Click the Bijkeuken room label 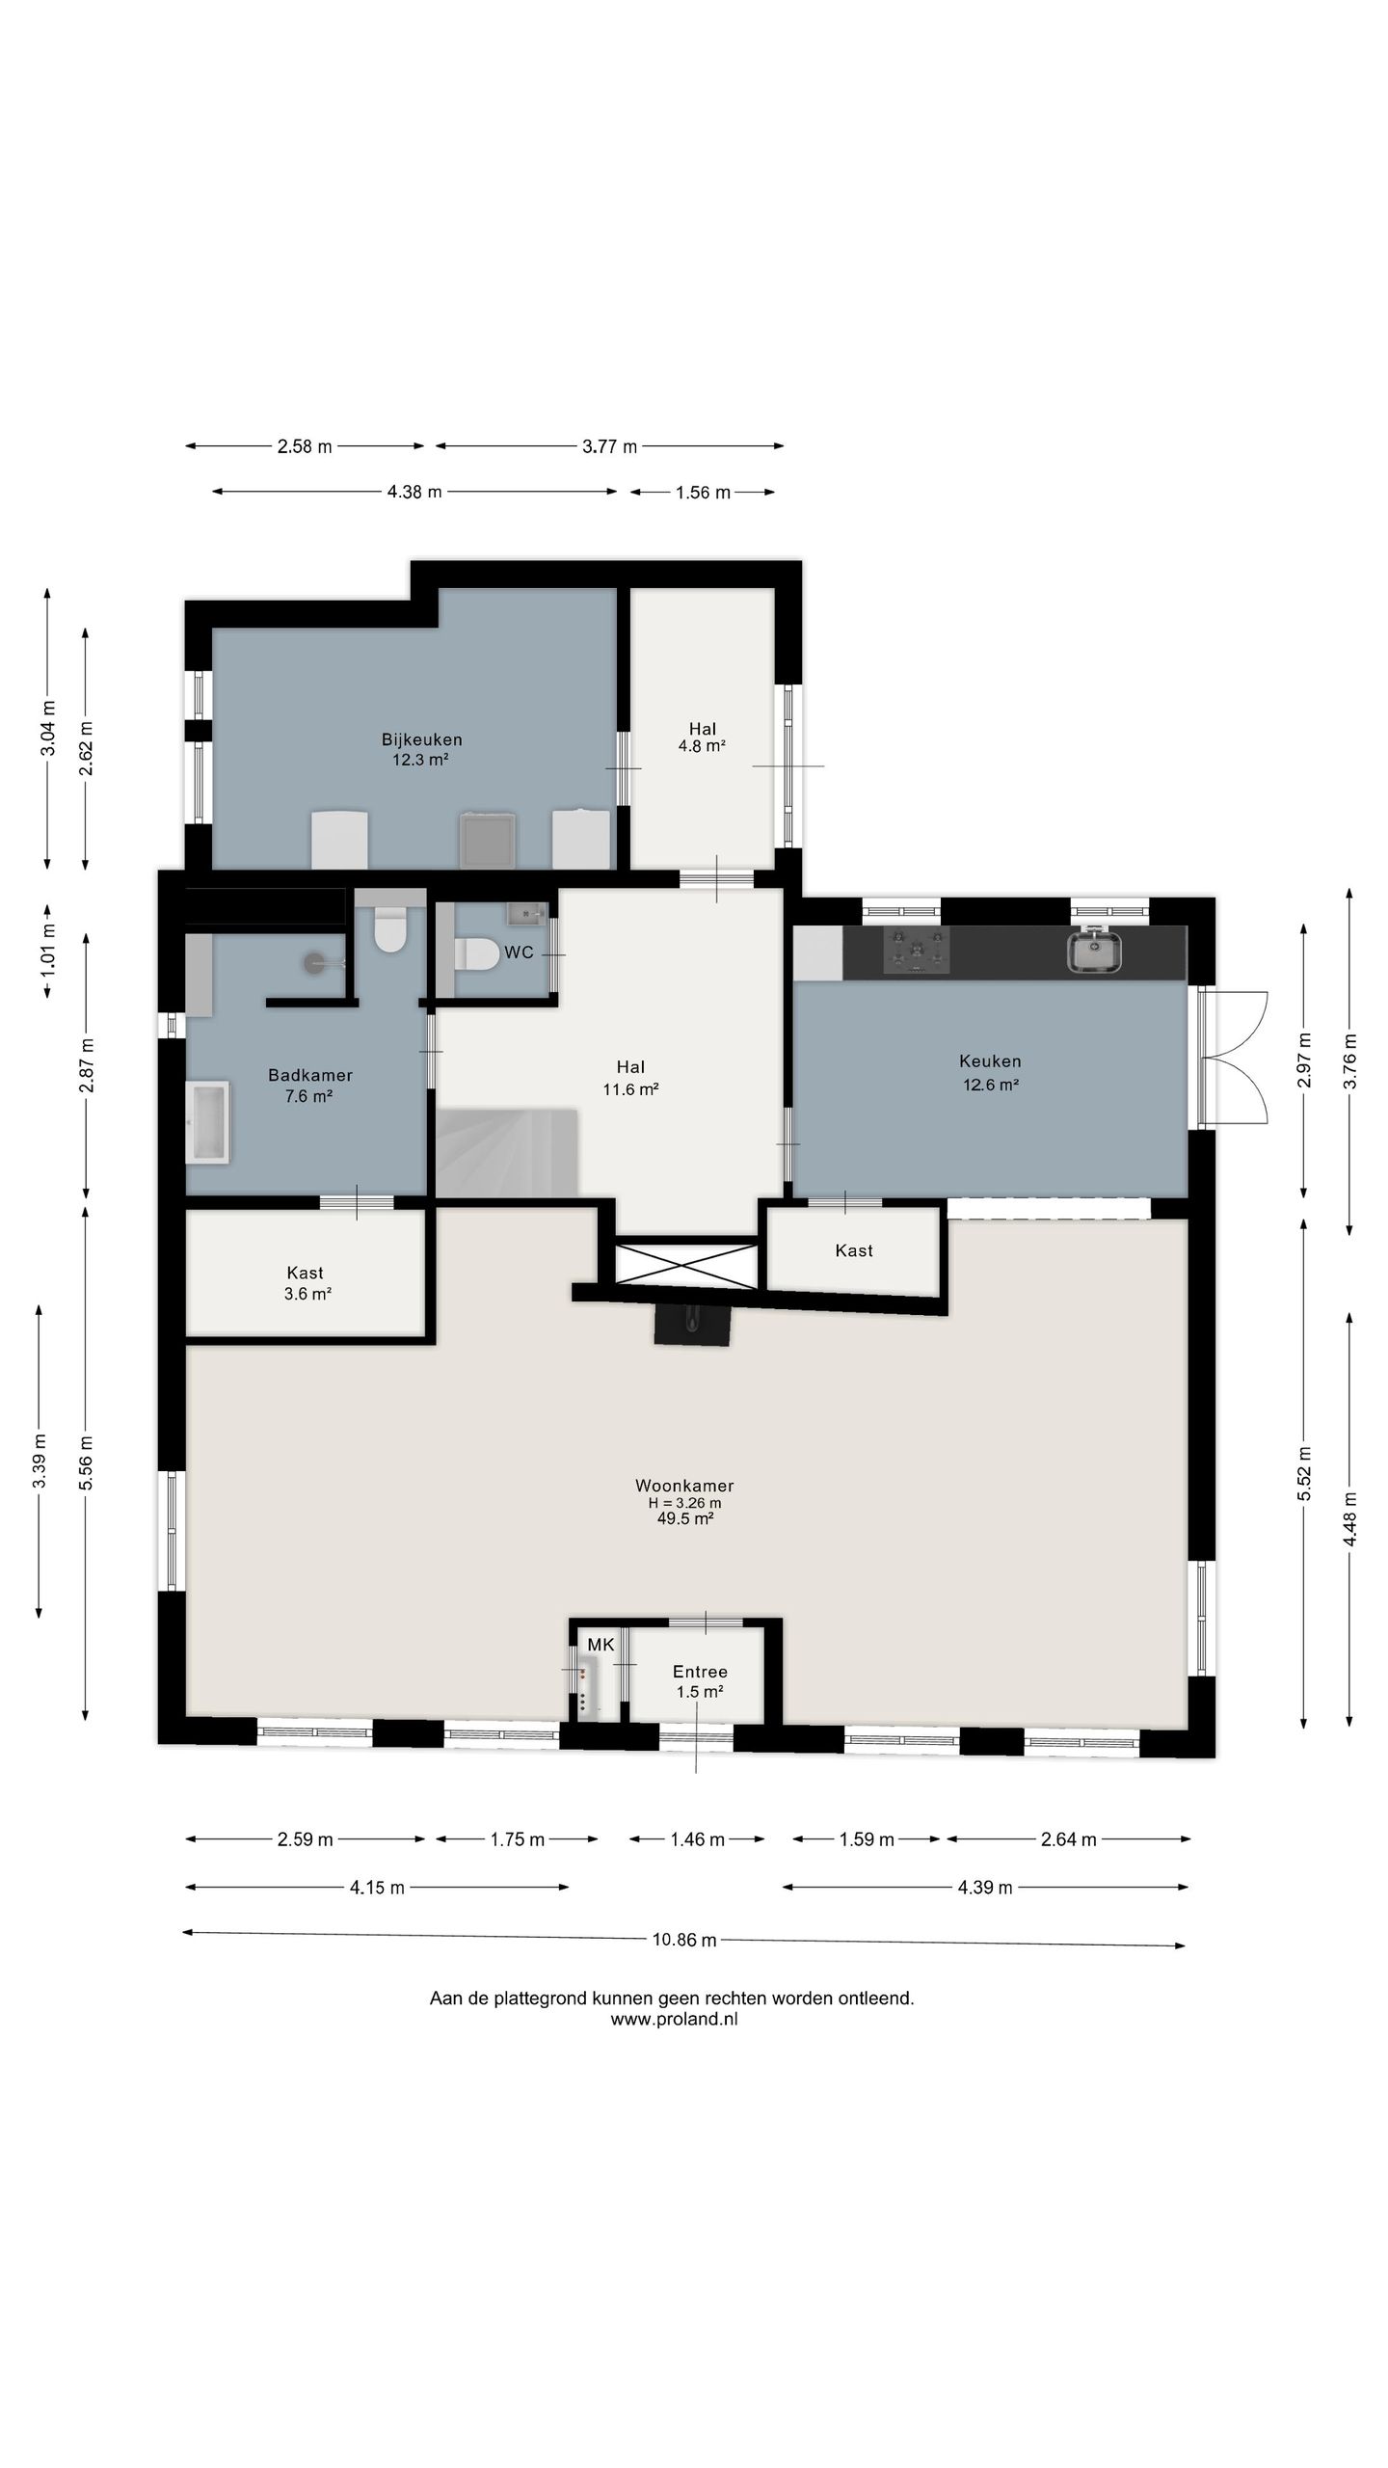(x=421, y=739)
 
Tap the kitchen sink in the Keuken (x=1094, y=950)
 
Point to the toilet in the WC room (x=476, y=954)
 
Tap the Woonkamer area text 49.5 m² (x=684, y=1518)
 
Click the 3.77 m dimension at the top (x=609, y=446)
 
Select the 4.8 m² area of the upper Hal (x=702, y=745)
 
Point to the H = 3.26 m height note (x=684, y=1502)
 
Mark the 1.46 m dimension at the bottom (x=697, y=1839)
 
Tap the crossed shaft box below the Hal (x=687, y=1264)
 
